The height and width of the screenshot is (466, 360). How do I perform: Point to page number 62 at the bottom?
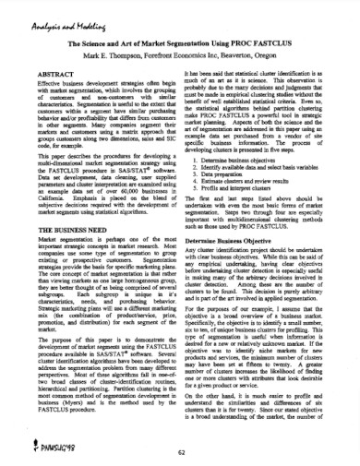[x=180, y=453]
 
